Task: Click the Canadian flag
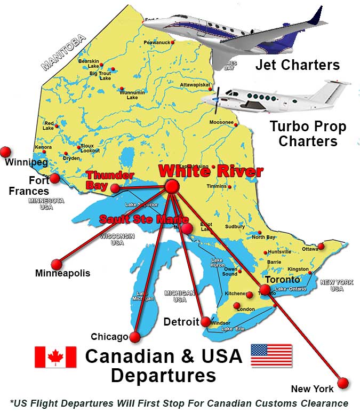55,356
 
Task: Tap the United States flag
271,355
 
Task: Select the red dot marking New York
342,383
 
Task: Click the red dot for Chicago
135,337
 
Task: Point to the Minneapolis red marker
57,264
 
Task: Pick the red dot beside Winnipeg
6,152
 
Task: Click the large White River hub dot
172,186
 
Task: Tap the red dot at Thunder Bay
115,188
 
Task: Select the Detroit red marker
205,322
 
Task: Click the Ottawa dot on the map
321,246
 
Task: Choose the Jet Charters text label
297,65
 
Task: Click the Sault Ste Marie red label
143,219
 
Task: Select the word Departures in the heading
163,375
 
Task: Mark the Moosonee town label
221,123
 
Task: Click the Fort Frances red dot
55,178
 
